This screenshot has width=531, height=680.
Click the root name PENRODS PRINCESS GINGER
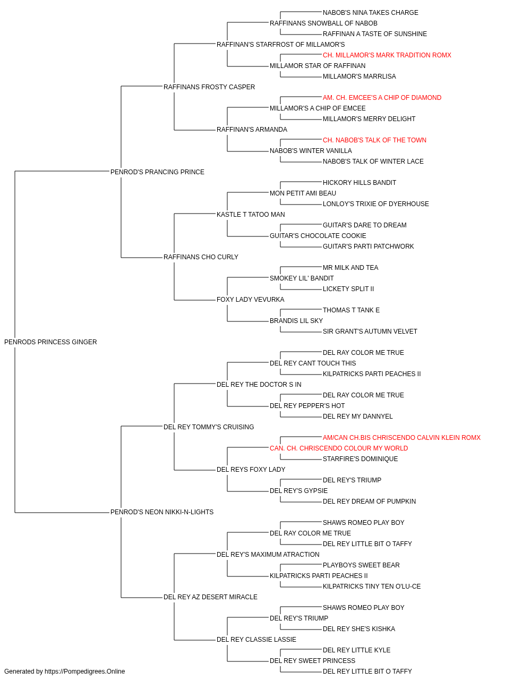(50, 342)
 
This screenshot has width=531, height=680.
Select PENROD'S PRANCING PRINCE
(157, 172)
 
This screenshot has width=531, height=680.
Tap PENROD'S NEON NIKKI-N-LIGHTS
(162, 512)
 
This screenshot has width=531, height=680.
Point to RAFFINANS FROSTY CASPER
(209, 87)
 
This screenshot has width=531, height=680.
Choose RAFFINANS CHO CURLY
(201, 257)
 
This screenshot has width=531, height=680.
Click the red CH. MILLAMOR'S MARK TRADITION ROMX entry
(387, 55)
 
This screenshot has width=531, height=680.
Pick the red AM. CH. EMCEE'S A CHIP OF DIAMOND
(382, 98)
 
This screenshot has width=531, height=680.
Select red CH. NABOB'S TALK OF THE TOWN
(374, 140)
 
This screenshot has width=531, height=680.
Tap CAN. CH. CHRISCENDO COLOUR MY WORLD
(339, 448)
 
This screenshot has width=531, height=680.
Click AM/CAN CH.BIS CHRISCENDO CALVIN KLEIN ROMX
(401, 437)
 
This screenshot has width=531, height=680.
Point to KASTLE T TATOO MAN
(251, 215)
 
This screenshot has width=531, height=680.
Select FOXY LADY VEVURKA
(251, 300)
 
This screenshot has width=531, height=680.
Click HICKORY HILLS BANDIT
(359, 183)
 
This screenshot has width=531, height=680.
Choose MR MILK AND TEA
(350, 268)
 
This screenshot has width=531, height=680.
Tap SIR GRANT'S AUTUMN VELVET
(370, 331)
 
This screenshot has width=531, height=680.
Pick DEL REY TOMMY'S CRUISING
(209, 427)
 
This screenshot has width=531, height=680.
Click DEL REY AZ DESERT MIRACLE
(210, 597)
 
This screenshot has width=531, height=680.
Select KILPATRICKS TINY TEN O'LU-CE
(372, 586)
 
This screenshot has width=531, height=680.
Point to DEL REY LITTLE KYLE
(356, 650)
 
